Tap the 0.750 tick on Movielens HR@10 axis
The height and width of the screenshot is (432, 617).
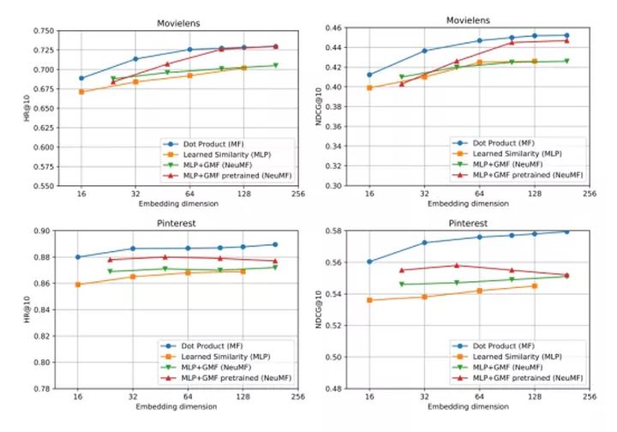tap(40, 31)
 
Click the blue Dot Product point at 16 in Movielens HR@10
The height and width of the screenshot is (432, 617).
tap(81, 78)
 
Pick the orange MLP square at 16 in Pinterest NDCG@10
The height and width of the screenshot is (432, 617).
tap(369, 300)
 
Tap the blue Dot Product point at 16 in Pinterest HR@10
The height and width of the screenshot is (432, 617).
tap(78, 257)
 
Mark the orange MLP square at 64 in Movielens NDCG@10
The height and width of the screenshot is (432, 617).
tap(479, 63)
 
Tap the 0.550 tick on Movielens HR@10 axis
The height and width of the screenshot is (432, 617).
tap(40, 185)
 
